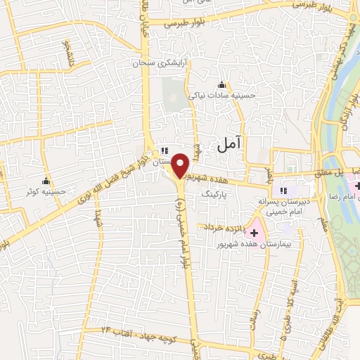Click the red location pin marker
181,165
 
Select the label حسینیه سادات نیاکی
222,95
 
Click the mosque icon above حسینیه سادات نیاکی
223,84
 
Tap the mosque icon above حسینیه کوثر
46,180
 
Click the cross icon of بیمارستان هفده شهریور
255,232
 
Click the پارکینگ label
215,191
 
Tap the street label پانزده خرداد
224,227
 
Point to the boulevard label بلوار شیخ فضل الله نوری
105,182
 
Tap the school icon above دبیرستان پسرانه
285,190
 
